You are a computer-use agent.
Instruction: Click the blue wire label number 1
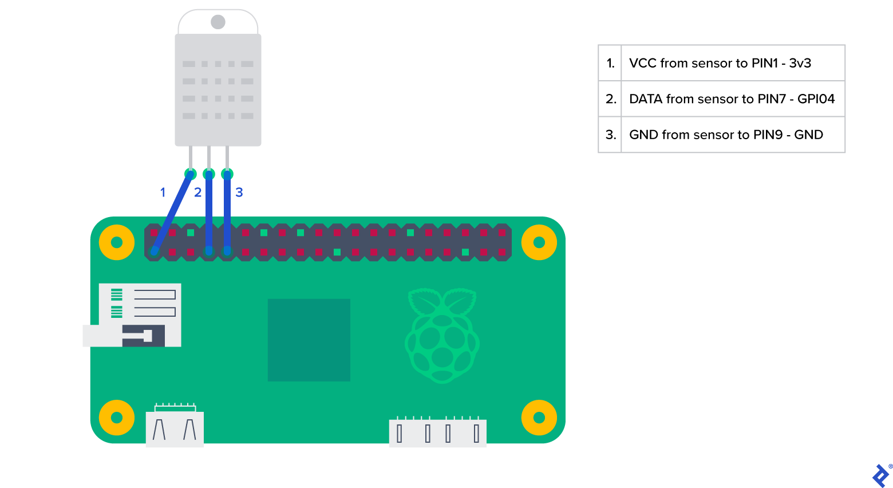[163, 192]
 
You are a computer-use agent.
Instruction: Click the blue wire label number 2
[198, 192]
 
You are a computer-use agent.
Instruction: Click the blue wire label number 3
[239, 192]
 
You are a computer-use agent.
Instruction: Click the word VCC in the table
[642, 63]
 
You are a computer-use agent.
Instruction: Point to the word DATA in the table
[646, 99]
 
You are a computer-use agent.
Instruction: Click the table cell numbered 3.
[610, 135]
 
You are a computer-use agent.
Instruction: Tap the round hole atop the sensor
[218, 22]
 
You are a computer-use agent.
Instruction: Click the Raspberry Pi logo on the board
[442, 336]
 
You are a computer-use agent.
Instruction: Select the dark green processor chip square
[309, 340]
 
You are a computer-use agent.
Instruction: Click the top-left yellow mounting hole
[117, 242]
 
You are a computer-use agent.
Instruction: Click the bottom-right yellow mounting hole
[539, 418]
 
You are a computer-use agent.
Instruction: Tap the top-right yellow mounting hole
[539, 242]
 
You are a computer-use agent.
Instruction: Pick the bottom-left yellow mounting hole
[117, 418]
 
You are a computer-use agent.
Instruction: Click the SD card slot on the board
[137, 315]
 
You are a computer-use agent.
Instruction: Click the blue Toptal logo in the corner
[880, 475]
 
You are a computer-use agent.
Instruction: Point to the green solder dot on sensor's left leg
[191, 174]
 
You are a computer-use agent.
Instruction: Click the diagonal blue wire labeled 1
[173, 212]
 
